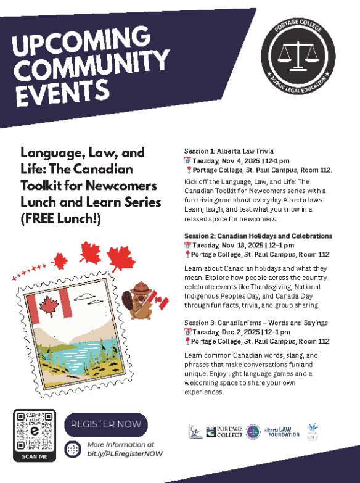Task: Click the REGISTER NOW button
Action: pos(106,424)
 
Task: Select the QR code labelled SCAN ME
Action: pos(35,431)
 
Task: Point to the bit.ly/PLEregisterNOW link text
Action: pos(120,453)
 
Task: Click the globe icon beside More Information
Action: pos(73,449)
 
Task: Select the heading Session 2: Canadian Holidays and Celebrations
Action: pos(258,236)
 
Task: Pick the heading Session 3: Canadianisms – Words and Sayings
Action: pos(256,323)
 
